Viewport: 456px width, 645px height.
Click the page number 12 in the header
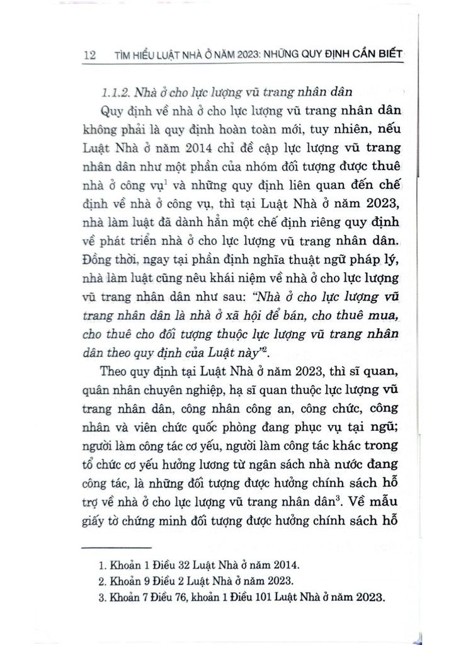click(89, 56)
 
